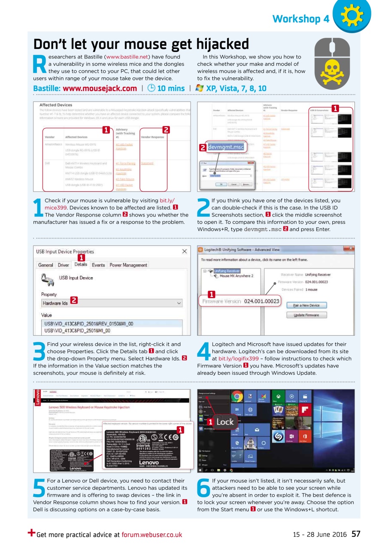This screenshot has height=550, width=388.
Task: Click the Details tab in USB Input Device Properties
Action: [x=81, y=265]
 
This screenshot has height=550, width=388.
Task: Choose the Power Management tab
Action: [x=128, y=265]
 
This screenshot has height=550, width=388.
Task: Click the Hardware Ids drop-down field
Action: [x=112, y=303]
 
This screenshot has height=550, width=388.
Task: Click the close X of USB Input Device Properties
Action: [x=185, y=251]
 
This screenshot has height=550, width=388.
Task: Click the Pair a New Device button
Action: [x=306, y=305]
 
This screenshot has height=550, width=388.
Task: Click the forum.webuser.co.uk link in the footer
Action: [x=152, y=535]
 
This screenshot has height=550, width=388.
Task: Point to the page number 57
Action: [x=356, y=534]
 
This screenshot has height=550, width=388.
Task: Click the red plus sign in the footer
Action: [x=31, y=533]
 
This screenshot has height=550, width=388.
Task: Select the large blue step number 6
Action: [x=204, y=489]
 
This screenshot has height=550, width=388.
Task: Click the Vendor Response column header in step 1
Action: [x=152, y=137]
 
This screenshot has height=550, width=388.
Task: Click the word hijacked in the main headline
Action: [x=223, y=44]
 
